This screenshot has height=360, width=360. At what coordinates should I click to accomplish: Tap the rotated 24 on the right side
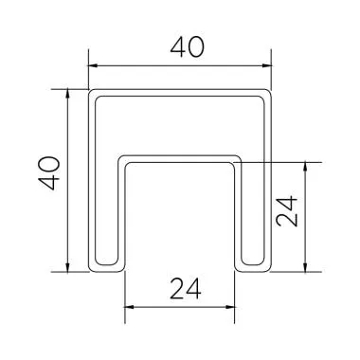click(x=289, y=216)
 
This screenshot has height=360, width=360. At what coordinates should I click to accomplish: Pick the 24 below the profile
click(x=181, y=287)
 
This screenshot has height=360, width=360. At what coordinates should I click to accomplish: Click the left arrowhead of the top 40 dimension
click(x=92, y=66)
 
